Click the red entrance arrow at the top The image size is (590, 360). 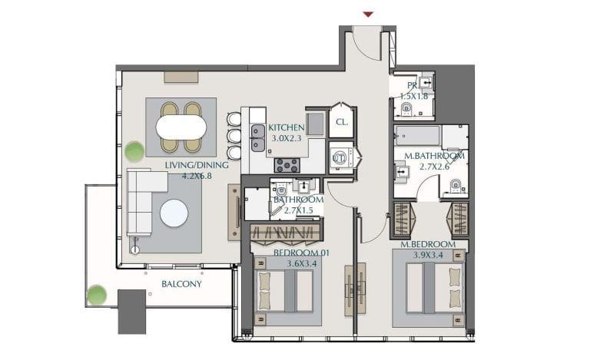pos(368,14)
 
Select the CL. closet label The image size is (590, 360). pos(342,122)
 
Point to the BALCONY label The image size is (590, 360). pos(181,284)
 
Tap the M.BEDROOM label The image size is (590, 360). pos(429,245)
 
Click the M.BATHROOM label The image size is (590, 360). pos(434,156)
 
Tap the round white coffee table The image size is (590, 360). pos(174,213)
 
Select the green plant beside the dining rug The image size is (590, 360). pos(135,151)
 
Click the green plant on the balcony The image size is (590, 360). pos(97,294)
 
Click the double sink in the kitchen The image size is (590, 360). pos(257,137)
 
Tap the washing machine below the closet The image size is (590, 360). pos(340,157)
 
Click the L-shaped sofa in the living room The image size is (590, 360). pos(143,201)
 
